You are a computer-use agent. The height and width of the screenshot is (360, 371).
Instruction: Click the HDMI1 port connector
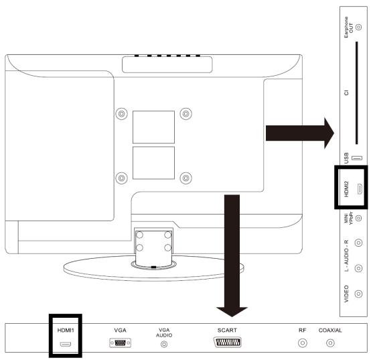coord(66,344)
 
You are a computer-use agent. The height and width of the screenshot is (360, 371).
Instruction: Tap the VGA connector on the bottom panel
coord(120,343)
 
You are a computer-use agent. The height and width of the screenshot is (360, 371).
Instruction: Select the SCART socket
coord(228,343)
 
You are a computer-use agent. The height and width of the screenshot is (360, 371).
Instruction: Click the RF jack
coord(303,343)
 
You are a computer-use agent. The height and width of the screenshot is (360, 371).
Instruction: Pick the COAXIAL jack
coord(330,343)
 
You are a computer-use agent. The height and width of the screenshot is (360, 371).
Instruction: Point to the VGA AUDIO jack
coord(164,344)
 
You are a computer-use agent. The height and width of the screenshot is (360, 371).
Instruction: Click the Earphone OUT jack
coord(359,27)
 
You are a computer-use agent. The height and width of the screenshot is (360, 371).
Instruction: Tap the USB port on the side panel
coord(357,158)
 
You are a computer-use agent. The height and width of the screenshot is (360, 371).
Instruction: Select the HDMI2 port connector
coord(360,189)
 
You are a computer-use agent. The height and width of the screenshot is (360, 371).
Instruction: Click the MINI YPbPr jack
coord(359,218)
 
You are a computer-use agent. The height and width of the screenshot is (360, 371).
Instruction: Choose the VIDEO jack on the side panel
coord(359,294)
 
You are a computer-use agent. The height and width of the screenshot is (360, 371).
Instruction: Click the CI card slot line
coord(357,93)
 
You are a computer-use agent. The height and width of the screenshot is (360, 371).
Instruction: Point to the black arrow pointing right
coord(300,133)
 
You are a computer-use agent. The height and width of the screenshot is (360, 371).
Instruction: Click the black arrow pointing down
coord(232,256)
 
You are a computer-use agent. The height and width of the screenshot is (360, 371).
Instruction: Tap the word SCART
coord(227,330)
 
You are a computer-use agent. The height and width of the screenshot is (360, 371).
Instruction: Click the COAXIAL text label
coord(330,330)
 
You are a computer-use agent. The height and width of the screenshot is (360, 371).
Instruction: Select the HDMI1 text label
coord(66,330)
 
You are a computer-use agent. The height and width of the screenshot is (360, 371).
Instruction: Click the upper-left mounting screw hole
coord(121,114)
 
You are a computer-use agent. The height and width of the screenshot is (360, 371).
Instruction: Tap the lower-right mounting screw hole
coord(185,178)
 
